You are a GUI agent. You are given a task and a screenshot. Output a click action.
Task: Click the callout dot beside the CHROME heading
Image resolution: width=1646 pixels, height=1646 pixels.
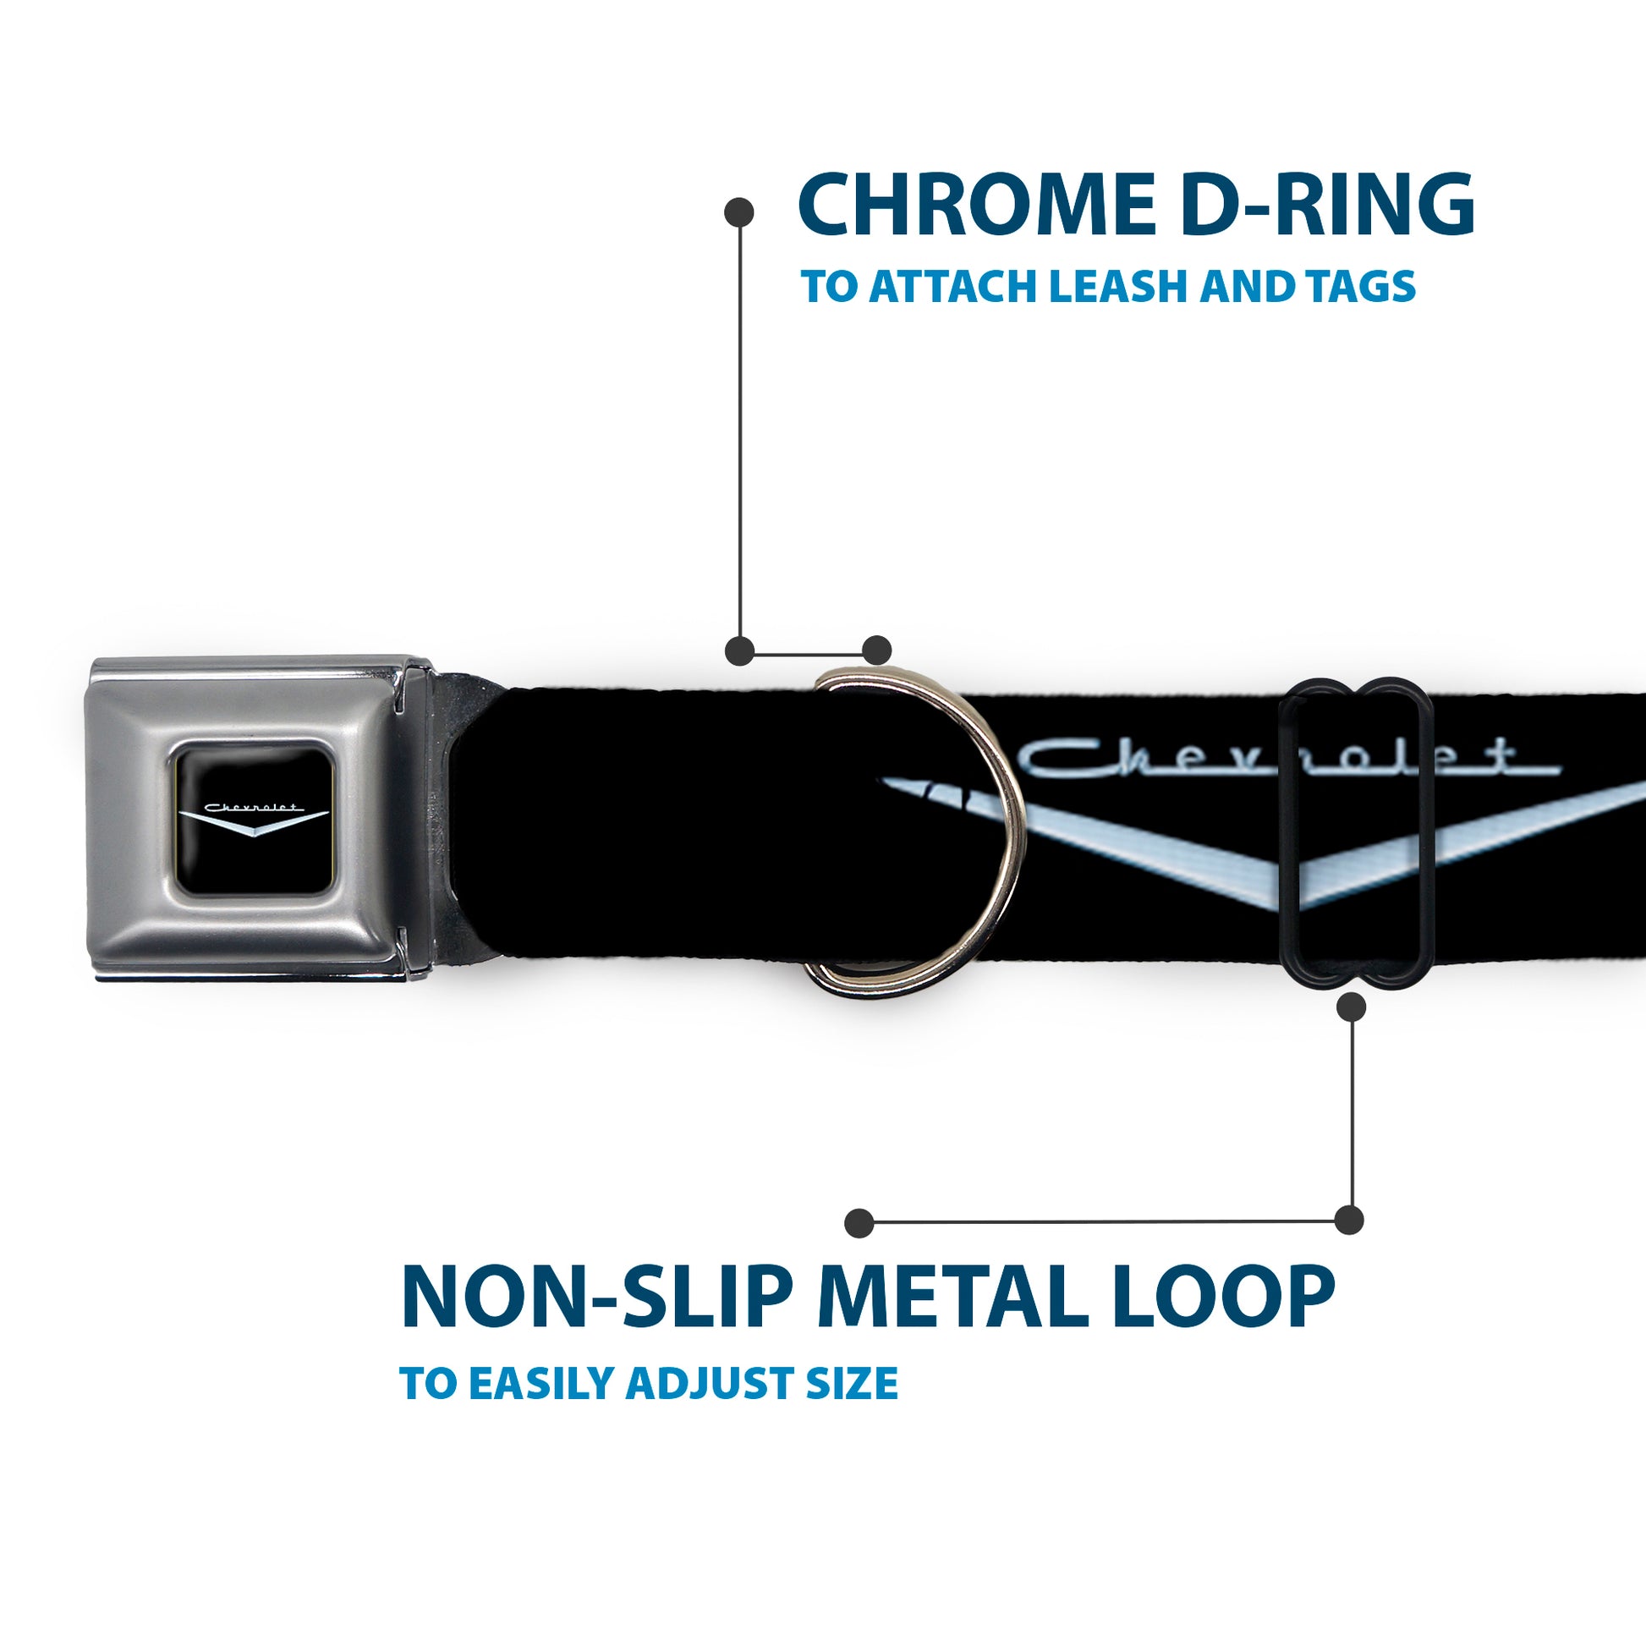738,212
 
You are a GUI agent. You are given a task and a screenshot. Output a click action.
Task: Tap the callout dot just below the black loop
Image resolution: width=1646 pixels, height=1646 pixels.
1351,1007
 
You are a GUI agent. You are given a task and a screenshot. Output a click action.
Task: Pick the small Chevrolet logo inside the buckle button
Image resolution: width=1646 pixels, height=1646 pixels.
253,817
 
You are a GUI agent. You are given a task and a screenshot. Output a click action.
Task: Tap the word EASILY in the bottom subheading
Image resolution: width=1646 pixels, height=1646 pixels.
542,1383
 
